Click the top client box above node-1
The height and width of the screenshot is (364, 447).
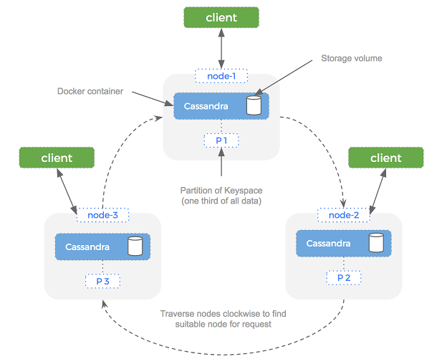[221, 17]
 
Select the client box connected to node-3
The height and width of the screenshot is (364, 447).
[57, 158]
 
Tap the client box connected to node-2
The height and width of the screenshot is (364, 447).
[385, 158]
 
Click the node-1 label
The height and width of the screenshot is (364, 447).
[221, 75]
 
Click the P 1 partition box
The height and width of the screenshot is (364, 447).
[221, 140]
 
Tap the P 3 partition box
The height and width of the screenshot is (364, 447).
[102, 281]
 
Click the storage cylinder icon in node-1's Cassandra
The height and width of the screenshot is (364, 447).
[252, 106]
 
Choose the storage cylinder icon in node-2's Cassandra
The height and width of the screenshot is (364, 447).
[375, 244]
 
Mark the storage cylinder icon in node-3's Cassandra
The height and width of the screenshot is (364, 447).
[133, 247]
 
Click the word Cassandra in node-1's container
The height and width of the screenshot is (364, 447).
[206, 106]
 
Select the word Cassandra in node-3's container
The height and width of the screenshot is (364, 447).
[87, 247]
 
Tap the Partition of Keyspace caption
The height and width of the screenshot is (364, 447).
[221, 194]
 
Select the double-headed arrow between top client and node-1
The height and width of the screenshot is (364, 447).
[221, 49]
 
